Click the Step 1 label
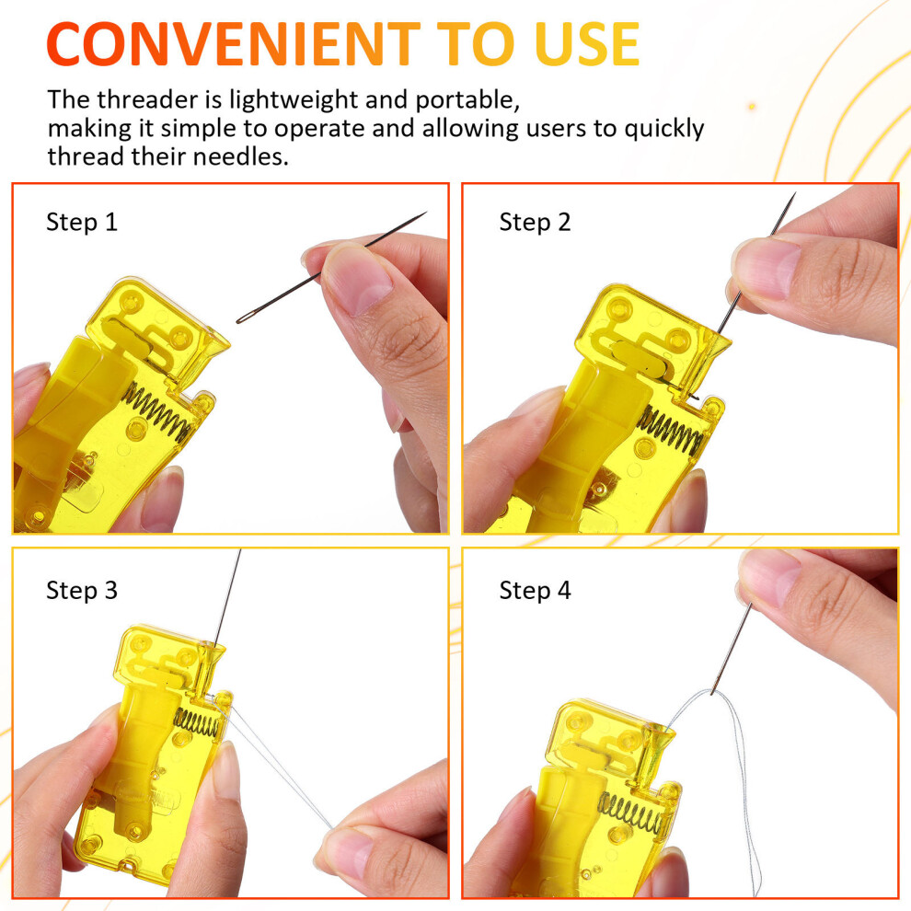pos(82,222)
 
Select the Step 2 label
pos(535,222)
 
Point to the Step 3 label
pos(82,591)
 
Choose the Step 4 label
pos(535,591)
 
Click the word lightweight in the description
pos(294,100)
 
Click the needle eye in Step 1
pos(245,317)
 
